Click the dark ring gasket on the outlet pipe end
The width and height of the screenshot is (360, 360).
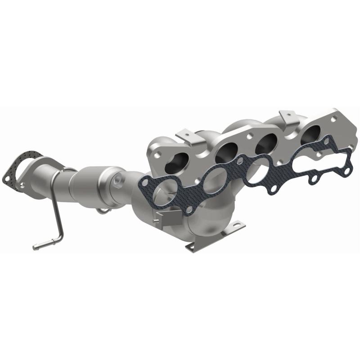point(21,168)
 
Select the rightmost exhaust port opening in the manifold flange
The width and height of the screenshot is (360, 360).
point(312,133)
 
